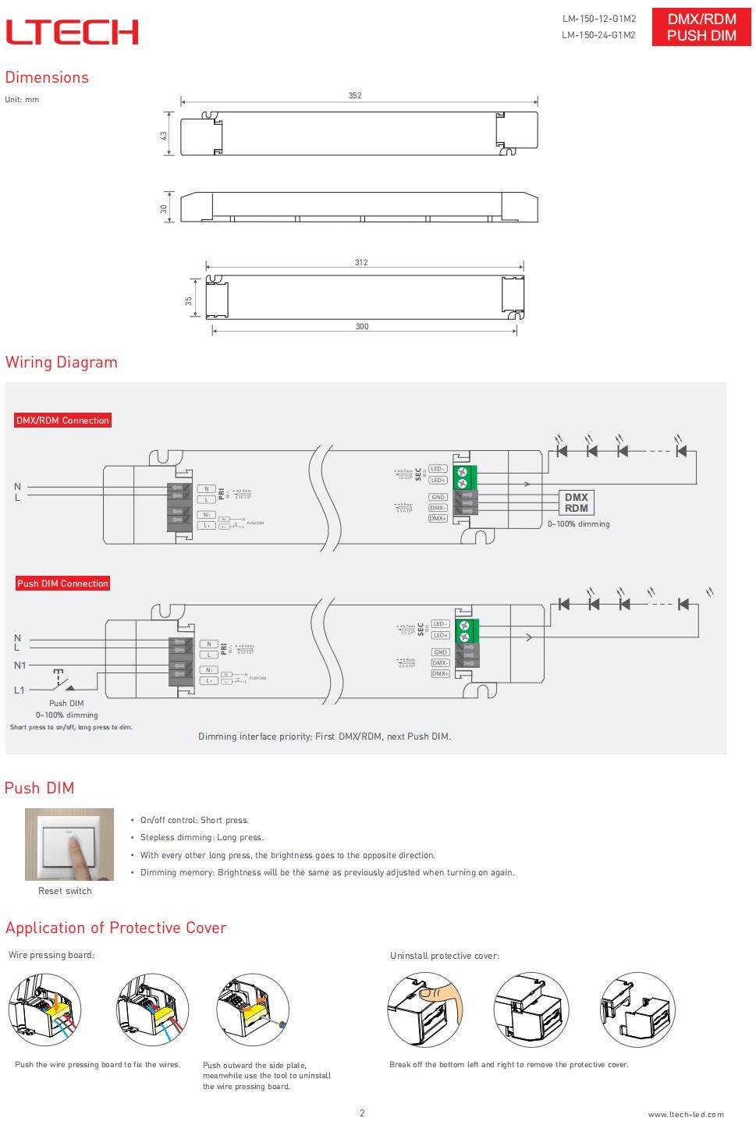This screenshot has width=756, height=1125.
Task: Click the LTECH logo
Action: point(72,32)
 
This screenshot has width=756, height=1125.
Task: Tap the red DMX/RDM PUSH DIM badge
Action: point(701,28)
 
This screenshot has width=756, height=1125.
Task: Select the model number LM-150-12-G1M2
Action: point(598,19)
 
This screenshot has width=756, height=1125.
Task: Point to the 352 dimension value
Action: point(355,95)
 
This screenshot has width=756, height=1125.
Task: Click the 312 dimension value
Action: point(361,263)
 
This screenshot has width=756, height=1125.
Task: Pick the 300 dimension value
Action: point(362,326)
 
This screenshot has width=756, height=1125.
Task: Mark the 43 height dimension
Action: point(164,135)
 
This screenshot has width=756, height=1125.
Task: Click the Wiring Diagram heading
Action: point(62,362)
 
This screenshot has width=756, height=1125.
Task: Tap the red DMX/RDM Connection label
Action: point(62,421)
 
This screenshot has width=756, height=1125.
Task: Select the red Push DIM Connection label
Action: point(62,584)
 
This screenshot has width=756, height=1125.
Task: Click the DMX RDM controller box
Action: point(577,502)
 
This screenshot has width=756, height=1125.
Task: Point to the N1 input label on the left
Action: point(20,665)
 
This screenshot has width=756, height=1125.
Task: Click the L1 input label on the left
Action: point(20,690)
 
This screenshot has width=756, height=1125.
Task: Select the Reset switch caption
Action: point(65,891)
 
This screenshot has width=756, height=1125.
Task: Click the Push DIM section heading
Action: point(39,788)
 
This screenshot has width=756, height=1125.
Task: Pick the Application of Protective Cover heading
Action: point(115,928)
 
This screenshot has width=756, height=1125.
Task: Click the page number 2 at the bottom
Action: point(362,1113)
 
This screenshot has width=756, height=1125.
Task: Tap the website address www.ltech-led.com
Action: point(685,1114)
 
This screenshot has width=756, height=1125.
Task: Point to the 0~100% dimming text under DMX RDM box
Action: point(578,524)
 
